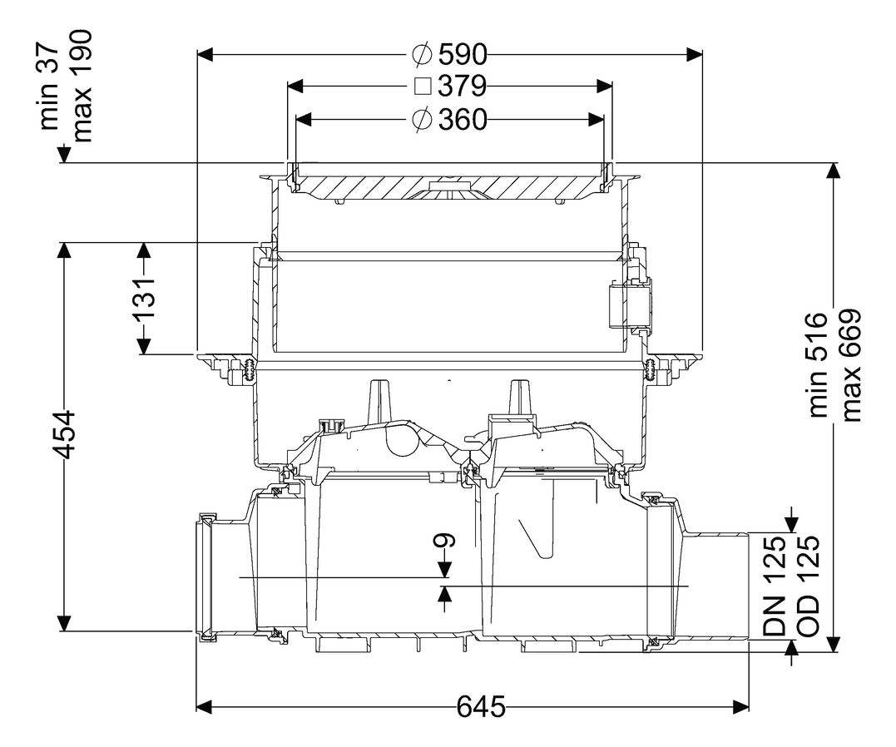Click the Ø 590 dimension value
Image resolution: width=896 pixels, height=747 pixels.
point(450,55)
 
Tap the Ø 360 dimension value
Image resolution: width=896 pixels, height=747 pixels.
point(450,120)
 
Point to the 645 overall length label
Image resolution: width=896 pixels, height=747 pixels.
point(481,707)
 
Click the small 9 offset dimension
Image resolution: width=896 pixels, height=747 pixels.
point(445,540)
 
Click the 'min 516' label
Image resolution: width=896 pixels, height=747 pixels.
point(819,364)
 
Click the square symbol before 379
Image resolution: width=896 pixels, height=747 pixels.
point(423,87)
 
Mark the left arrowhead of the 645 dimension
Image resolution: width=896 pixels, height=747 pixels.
point(205,706)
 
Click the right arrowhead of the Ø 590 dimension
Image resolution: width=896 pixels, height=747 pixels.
point(694,54)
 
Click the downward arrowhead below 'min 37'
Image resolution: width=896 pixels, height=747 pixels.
point(63,155)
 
